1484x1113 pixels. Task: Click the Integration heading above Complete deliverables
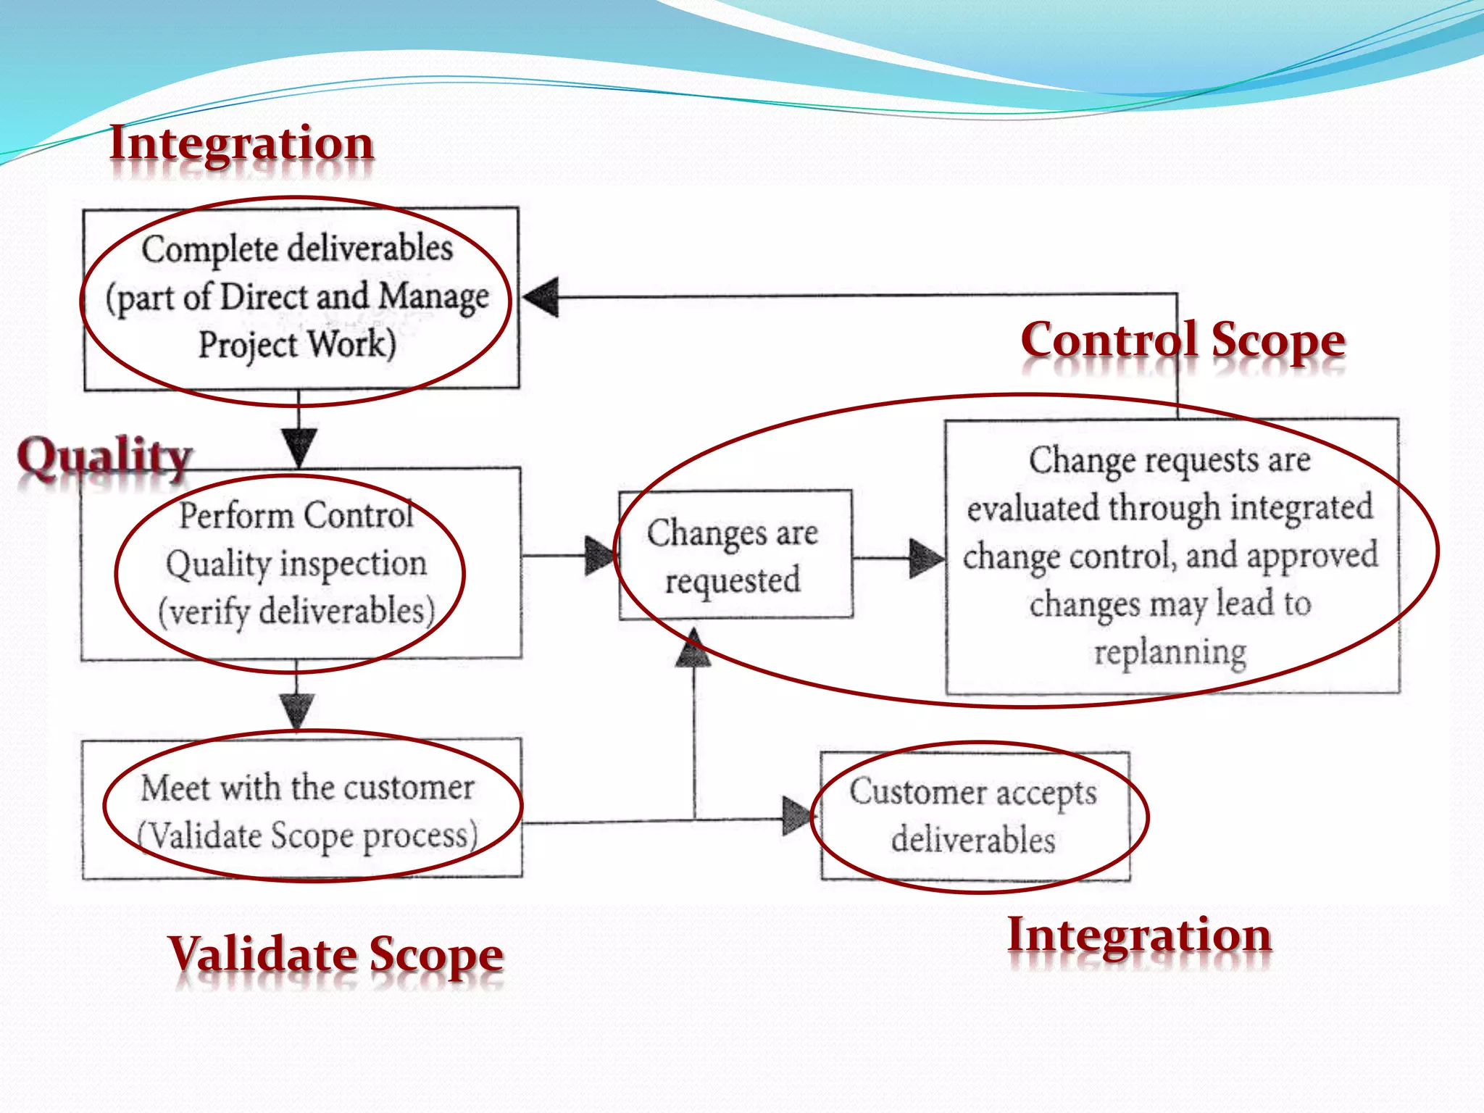click(x=241, y=143)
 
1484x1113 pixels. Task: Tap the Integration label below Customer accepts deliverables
click(x=1139, y=935)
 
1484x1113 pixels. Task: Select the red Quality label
click(x=105, y=457)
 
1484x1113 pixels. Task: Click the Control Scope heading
click(x=1183, y=341)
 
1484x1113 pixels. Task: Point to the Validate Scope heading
click(x=335, y=954)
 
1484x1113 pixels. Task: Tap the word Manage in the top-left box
click(x=433, y=297)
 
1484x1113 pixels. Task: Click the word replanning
click(x=1170, y=652)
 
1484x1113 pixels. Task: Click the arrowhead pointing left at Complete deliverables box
click(x=541, y=297)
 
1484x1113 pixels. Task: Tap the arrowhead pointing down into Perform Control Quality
click(x=299, y=447)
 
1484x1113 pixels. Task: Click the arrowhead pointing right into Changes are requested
click(x=600, y=556)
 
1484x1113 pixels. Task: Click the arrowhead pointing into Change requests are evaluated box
click(x=926, y=558)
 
